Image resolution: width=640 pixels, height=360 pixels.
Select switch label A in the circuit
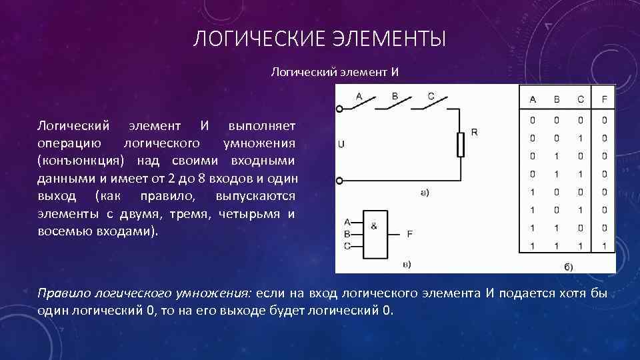359,96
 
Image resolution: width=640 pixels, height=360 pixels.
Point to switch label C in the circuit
431,96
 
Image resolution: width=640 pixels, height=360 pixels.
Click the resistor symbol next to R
460,143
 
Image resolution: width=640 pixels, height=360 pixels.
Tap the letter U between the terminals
341,144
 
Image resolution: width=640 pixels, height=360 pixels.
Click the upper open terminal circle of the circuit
339,108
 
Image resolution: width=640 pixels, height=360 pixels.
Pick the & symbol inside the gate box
373,226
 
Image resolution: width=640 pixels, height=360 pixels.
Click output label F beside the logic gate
409,234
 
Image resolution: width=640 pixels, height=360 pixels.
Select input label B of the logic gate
347,234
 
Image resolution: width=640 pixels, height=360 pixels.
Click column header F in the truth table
604,99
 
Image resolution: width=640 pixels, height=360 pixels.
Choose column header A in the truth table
533,99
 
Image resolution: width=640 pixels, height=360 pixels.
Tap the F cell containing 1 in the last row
604,246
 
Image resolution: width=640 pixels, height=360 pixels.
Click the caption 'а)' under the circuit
424,193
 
